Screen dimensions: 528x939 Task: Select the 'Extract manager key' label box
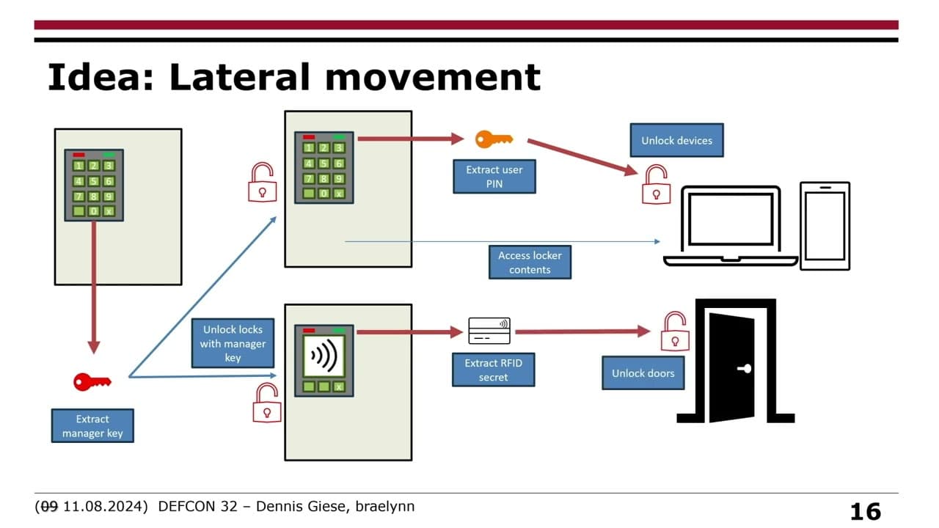92,426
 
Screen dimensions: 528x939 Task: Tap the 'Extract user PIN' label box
494,177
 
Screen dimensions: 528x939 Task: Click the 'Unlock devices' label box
676,140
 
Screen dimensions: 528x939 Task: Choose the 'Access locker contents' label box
530,263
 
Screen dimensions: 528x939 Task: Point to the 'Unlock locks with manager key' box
233,343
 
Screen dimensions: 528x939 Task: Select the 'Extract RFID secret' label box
493,370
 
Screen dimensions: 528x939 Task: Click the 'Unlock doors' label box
643,373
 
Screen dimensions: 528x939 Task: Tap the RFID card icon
489,331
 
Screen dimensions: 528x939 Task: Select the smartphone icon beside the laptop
825,225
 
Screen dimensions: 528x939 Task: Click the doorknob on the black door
746,369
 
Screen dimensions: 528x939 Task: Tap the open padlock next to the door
674,331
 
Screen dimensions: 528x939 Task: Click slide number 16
865,511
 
